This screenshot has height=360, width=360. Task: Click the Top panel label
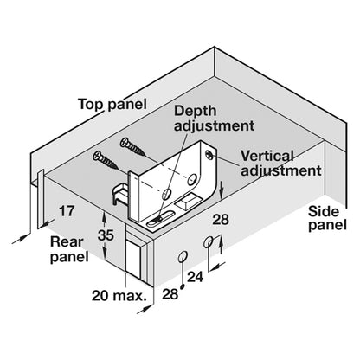click(x=112, y=104)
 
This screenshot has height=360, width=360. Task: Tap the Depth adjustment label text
click(x=214, y=119)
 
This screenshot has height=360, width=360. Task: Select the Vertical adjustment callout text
click(x=280, y=164)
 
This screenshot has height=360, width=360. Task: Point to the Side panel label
click(x=327, y=218)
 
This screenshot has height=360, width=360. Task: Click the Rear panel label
click(x=69, y=249)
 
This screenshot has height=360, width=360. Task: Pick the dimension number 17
click(x=67, y=211)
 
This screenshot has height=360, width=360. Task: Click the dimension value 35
click(x=106, y=235)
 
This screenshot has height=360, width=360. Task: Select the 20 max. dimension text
click(x=119, y=296)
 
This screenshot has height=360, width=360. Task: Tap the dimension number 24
click(x=196, y=277)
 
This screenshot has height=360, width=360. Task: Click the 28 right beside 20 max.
click(x=170, y=294)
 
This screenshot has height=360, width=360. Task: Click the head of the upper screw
click(x=125, y=142)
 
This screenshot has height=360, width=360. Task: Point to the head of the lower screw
click(x=97, y=156)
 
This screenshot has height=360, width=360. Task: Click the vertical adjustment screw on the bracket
click(x=209, y=155)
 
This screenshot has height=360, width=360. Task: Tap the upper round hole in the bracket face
click(x=191, y=180)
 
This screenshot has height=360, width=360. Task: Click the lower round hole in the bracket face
click(x=166, y=194)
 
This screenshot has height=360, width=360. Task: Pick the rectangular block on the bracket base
click(x=187, y=201)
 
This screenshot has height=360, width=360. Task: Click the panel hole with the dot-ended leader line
click(x=183, y=256)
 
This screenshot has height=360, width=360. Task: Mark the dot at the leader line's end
click(x=183, y=286)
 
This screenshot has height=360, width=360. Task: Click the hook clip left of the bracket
click(x=119, y=194)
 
